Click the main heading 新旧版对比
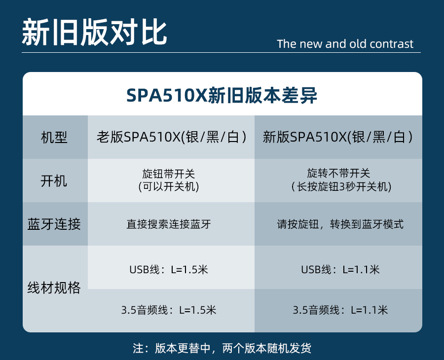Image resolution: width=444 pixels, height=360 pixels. (x=94, y=32)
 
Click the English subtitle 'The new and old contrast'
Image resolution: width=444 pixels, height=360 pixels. (x=345, y=44)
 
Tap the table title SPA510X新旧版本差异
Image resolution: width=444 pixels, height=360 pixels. (x=222, y=95)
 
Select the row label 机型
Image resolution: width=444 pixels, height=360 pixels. (x=54, y=138)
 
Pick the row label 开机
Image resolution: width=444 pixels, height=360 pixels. (x=54, y=181)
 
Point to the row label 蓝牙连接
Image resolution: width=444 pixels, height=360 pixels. (x=54, y=224)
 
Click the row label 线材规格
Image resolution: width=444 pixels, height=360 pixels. (x=54, y=288)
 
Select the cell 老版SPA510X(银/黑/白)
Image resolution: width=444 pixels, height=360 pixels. (x=172, y=137)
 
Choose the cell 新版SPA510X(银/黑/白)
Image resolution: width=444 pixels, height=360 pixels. (x=337, y=137)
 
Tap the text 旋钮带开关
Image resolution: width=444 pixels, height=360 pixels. (x=169, y=174)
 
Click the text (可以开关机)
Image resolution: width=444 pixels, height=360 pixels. (x=169, y=187)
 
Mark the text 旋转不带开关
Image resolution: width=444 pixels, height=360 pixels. (x=338, y=173)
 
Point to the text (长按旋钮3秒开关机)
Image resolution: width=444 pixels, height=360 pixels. (x=341, y=187)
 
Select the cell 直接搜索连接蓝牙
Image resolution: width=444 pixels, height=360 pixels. (x=169, y=224)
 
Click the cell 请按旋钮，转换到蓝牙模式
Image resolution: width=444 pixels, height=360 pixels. (x=340, y=224)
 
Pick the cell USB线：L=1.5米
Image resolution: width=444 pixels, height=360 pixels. (x=169, y=269)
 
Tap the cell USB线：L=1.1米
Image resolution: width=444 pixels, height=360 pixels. (x=340, y=269)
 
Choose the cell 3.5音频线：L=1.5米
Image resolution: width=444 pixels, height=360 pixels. (x=169, y=310)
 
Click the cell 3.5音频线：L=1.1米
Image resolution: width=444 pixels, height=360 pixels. (x=340, y=310)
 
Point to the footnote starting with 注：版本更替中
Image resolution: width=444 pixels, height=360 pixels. (x=222, y=348)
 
